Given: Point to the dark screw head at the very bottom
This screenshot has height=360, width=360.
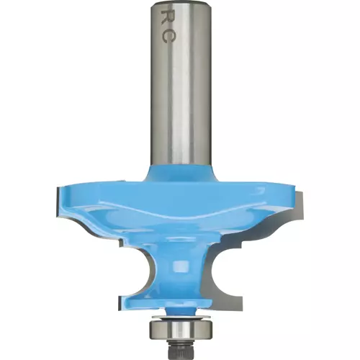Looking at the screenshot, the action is tap(181, 348).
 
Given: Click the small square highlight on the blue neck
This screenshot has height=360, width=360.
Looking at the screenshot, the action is tap(180, 266).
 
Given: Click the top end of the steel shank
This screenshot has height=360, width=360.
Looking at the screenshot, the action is tap(181, 2).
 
